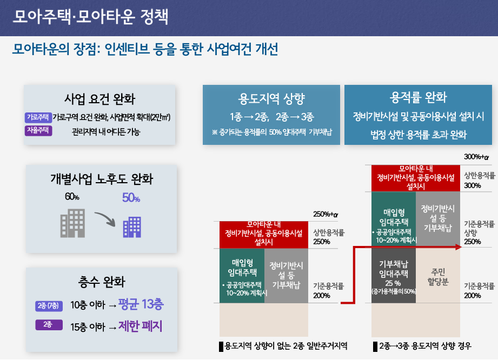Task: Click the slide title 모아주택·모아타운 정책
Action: pyautogui.click(x=90, y=17)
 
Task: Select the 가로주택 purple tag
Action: pyautogui.click(x=38, y=117)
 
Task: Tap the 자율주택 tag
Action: pyautogui.click(x=38, y=130)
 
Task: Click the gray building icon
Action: pyautogui.click(x=73, y=223)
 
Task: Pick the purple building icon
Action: pyautogui.click(x=132, y=227)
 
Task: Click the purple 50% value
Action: pyautogui.click(x=131, y=198)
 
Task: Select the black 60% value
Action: pyautogui.click(x=72, y=197)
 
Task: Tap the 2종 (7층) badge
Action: pyautogui.click(x=49, y=306)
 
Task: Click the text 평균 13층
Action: pyautogui.click(x=141, y=304)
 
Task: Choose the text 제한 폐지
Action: pyautogui.click(x=141, y=326)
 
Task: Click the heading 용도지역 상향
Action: pyautogui.click(x=271, y=98)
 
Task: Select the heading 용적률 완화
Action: pyautogui.click(x=419, y=97)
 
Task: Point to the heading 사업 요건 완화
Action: pyautogui.click(x=99, y=99)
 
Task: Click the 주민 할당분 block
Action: pyautogui.click(x=438, y=275)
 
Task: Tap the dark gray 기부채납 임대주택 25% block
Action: pyautogui.click(x=394, y=275)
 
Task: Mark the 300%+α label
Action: pyautogui.click(x=476, y=157)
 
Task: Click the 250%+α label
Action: pyautogui.click(x=326, y=214)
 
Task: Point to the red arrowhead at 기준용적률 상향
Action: pyautogui.click(x=459, y=247)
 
